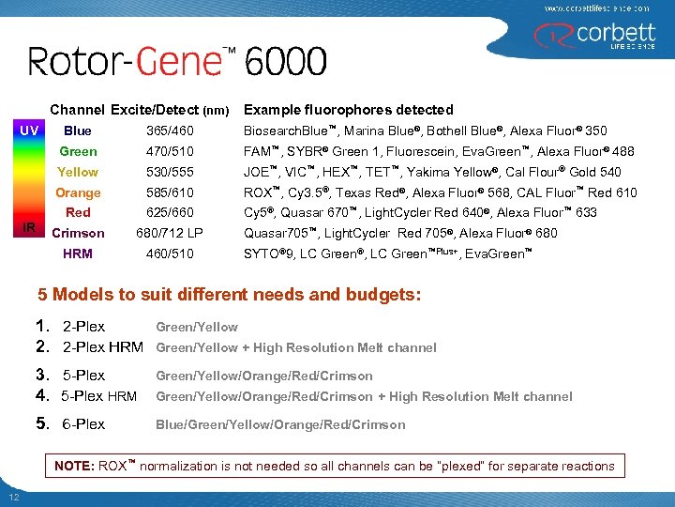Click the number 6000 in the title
[286, 63]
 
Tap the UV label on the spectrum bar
[28, 130]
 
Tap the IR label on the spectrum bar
[28, 228]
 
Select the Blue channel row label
[78, 131]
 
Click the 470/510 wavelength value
[170, 151]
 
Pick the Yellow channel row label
[78, 172]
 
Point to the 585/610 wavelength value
[170, 192]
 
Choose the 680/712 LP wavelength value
[172, 233]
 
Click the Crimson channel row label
[78, 233]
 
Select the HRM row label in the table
[78, 253]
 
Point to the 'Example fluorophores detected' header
[348, 110]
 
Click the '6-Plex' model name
[83, 424]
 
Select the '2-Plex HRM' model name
[102, 347]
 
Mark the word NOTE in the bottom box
[74, 466]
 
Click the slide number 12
[13, 497]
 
